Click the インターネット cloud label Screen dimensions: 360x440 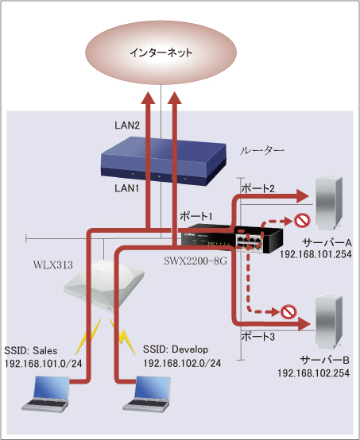click(161, 52)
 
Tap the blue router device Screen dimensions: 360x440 click(164, 161)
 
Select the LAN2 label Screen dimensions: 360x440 click(127, 125)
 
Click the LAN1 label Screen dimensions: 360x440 click(127, 188)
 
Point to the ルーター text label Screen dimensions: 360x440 click(261, 151)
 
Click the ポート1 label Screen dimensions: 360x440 click(196, 216)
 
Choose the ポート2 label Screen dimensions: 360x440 click(257, 188)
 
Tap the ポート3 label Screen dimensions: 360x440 click(258, 336)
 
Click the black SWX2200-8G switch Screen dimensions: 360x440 click(232, 238)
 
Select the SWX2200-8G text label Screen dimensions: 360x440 click(195, 261)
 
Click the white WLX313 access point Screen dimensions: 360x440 click(103, 285)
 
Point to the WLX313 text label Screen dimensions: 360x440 click(53, 265)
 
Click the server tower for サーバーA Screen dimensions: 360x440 click(329, 203)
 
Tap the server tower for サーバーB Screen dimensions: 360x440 click(329, 322)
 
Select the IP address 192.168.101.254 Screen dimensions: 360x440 click(315, 254)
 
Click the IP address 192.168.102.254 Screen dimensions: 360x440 click(314, 373)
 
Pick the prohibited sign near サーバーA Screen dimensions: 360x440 click(302, 221)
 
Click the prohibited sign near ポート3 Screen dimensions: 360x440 click(288, 311)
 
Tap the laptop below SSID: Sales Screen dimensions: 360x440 click(46, 394)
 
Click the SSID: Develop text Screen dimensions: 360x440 click(176, 349)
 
